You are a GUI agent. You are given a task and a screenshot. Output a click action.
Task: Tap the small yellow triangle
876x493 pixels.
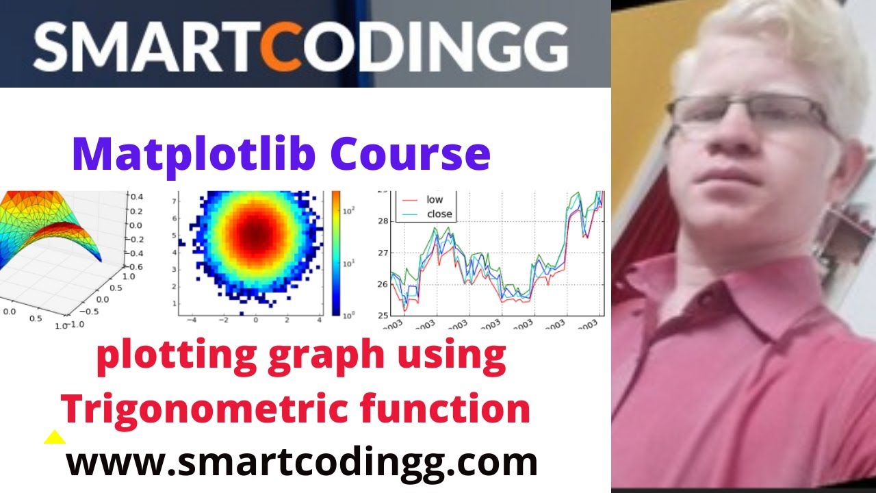(x=55, y=438)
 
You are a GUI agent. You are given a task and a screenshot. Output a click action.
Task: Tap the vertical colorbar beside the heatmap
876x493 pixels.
(x=335, y=253)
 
